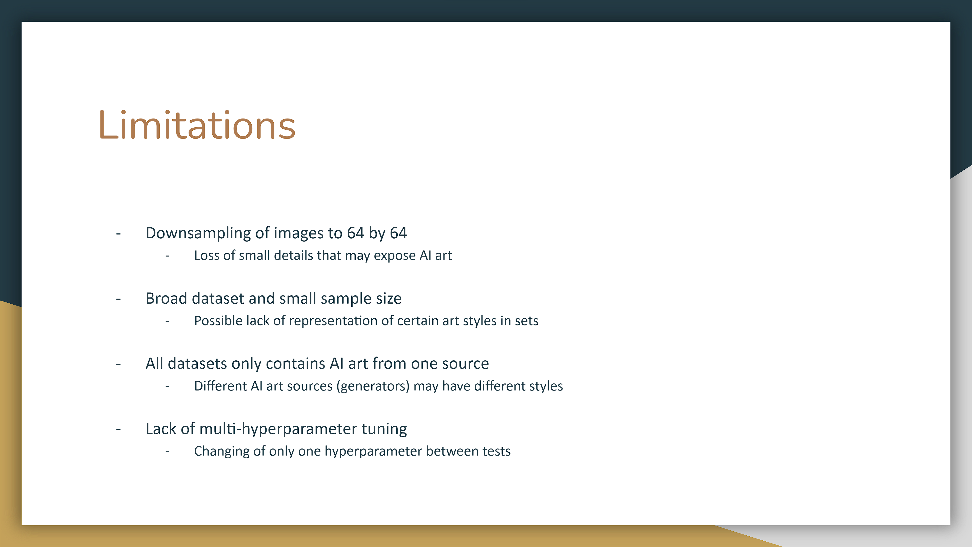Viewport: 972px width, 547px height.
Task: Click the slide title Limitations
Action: [x=197, y=125]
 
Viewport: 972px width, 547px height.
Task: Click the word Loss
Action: [x=207, y=256]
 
